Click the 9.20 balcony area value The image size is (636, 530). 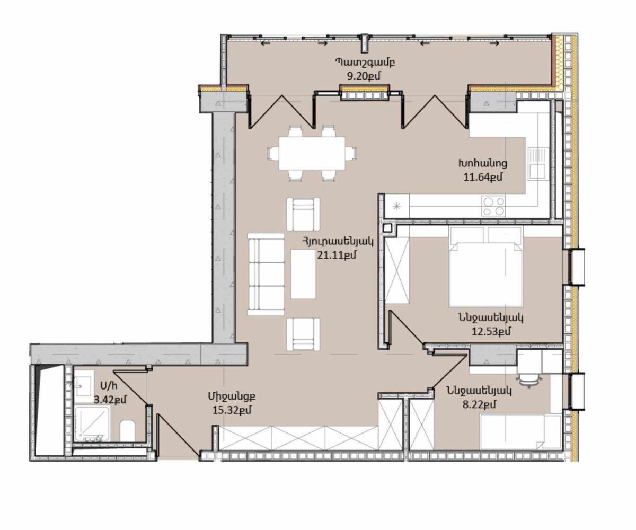(x=364, y=76)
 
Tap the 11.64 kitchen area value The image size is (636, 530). (x=482, y=176)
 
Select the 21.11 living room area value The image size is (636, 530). (x=337, y=254)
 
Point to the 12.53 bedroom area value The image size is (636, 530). (x=491, y=331)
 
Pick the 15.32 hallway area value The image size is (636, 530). (x=232, y=410)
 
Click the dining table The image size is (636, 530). (x=312, y=154)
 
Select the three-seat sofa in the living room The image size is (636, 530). (x=266, y=275)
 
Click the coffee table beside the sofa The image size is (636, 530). (x=303, y=274)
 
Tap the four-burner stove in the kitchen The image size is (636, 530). (x=493, y=206)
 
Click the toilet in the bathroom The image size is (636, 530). (x=128, y=430)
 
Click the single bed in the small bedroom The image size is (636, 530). (x=520, y=431)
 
